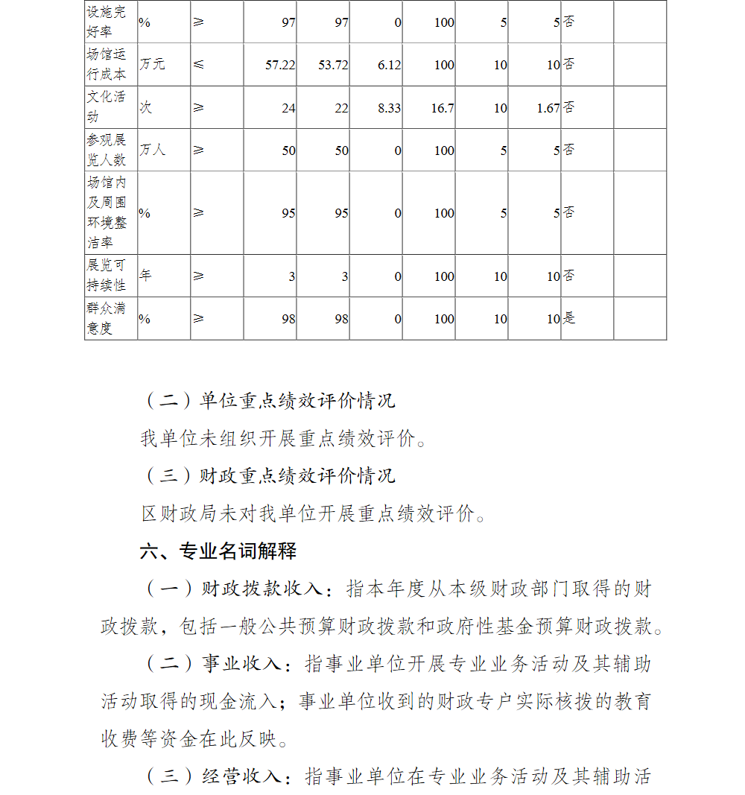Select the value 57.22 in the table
[x=280, y=65]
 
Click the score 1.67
[x=548, y=108]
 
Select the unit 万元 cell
[x=152, y=64]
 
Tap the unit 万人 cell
[x=152, y=150]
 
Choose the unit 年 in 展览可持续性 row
[x=145, y=276]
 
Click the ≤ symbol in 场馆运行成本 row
[x=198, y=64]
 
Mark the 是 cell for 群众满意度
[x=569, y=318]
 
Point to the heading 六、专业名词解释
[x=218, y=551]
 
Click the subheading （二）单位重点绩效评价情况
[x=270, y=400]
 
